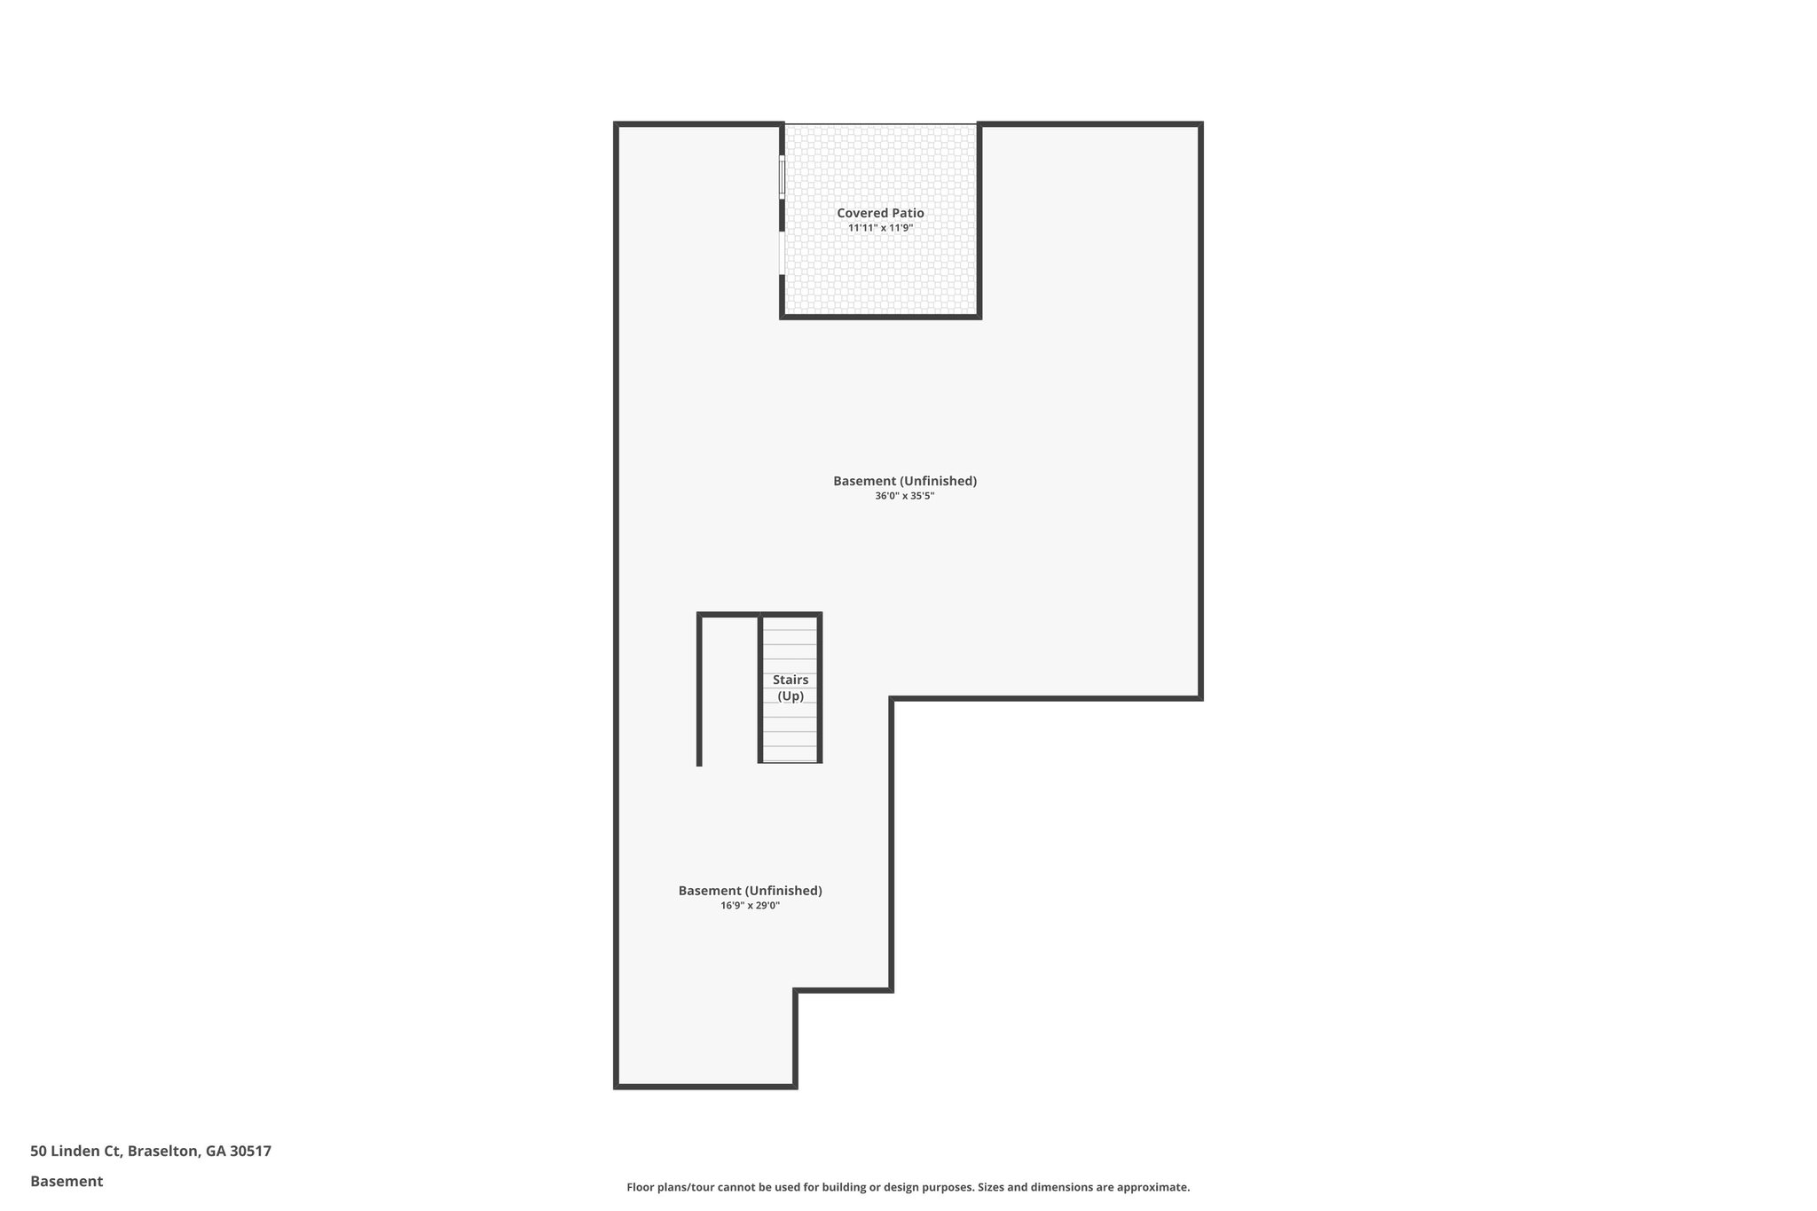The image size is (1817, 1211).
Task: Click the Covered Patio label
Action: [880, 213]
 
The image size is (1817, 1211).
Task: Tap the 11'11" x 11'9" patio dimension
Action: [880, 228]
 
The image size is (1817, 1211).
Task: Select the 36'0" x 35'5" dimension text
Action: [904, 496]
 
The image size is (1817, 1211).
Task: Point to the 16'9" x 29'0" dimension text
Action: [750, 906]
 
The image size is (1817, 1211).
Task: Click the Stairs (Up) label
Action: [791, 688]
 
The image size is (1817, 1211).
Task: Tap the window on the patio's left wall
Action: [782, 177]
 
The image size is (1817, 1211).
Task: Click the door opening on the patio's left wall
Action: [782, 254]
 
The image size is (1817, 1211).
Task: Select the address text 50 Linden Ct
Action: [75, 1152]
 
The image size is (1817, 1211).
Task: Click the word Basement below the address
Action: [67, 1182]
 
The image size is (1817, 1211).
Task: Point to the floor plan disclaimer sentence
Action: [908, 1187]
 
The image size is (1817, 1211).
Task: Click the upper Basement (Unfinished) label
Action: [904, 481]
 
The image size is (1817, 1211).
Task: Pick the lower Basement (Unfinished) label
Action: [750, 891]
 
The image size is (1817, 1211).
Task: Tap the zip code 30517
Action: [250, 1152]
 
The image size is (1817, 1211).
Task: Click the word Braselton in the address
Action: [164, 1152]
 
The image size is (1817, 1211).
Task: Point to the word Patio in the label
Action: [907, 213]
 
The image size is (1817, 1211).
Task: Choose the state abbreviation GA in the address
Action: [216, 1152]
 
